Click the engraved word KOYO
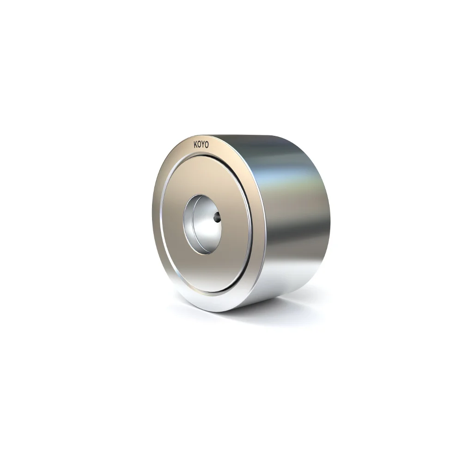tap(201, 145)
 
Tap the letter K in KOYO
tap(196, 144)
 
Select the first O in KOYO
tap(200, 145)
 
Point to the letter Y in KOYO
tap(203, 145)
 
